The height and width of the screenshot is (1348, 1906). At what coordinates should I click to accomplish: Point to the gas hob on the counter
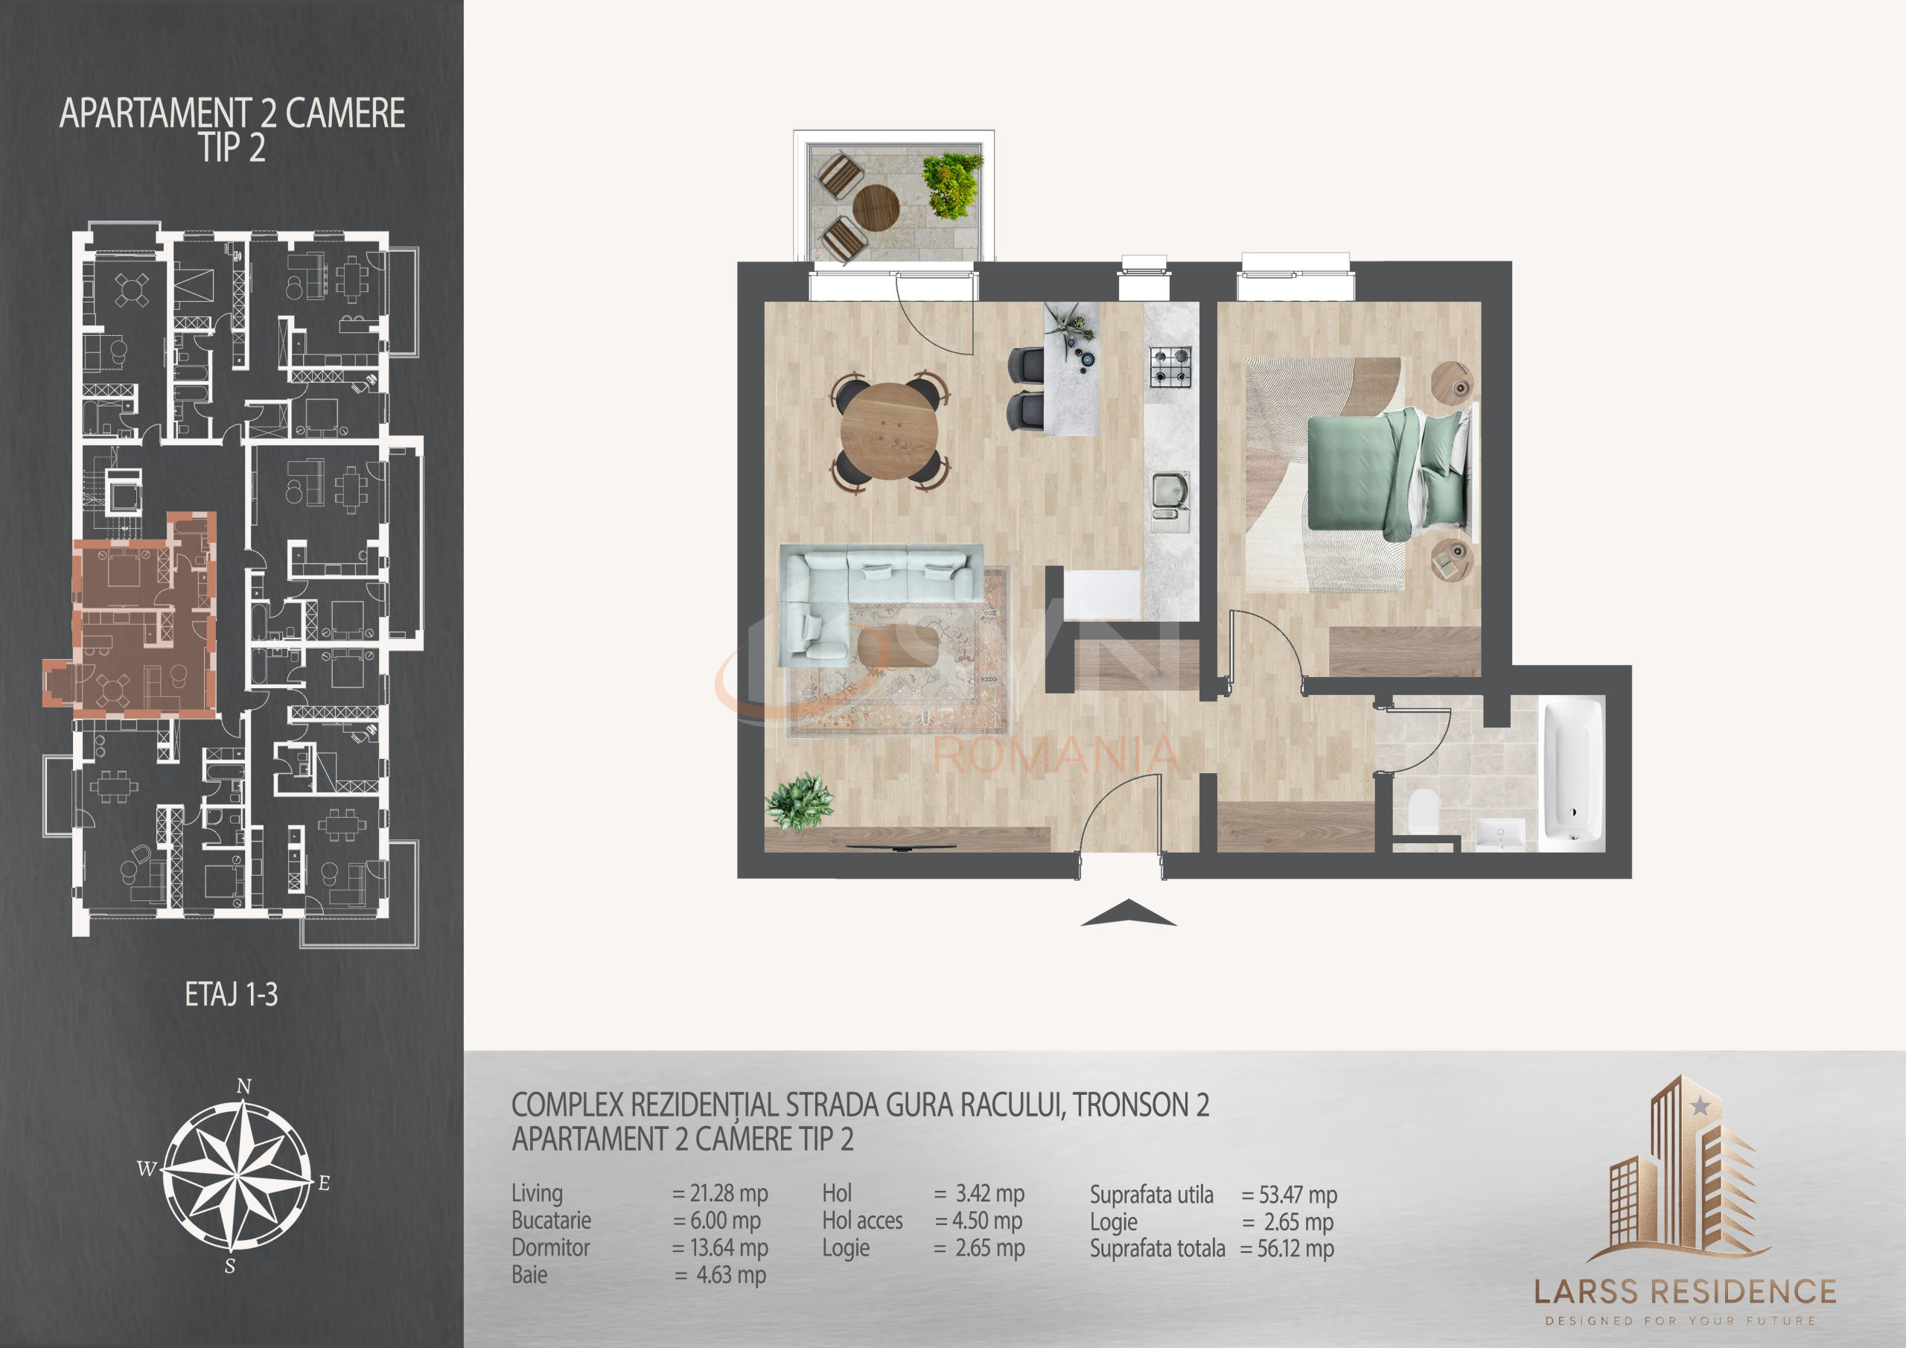point(1170,366)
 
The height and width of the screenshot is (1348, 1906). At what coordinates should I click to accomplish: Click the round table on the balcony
point(876,205)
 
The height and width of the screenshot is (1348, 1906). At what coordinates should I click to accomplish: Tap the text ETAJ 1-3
point(231,995)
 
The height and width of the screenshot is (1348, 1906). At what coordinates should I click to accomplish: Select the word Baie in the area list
point(529,1275)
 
